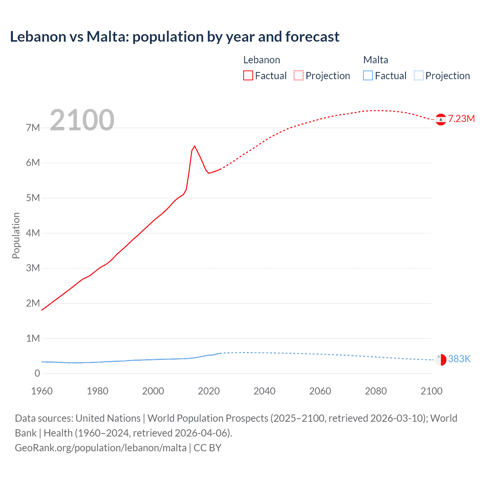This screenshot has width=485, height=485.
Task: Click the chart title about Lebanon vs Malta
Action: (x=175, y=37)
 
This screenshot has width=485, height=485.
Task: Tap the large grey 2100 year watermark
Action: (x=82, y=120)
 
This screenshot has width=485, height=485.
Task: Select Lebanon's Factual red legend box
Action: (x=248, y=75)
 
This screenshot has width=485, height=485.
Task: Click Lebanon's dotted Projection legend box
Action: (x=299, y=75)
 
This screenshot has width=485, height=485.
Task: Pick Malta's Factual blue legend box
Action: (x=368, y=75)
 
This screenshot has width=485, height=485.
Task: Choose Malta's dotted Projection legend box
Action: (x=418, y=75)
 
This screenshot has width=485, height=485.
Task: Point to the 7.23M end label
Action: (x=461, y=119)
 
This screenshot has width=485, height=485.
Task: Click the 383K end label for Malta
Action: (x=459, y=359)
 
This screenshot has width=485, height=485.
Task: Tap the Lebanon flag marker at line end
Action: (x=441, y=119)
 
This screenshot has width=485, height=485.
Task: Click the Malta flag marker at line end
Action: (x=441, y=360)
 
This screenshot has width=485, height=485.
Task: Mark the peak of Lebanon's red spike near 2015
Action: (x=194, y=146)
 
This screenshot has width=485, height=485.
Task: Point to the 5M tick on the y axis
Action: (x=33, y=198)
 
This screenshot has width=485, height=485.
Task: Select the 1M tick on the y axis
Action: (x=33, y=338)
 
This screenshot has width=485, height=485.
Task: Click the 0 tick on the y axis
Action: (x=37, y=373)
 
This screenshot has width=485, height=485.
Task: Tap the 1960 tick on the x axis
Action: (x=42, y=391)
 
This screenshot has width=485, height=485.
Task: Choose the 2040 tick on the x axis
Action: (x=264, y=391)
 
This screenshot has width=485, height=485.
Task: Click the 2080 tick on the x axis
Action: (x=376, y=391)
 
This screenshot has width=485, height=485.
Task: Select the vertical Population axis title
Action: (x=16, y=235)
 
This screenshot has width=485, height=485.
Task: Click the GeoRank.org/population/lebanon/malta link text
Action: (x=101, y=448)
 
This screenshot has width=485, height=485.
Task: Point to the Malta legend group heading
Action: (x=375, y=60)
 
